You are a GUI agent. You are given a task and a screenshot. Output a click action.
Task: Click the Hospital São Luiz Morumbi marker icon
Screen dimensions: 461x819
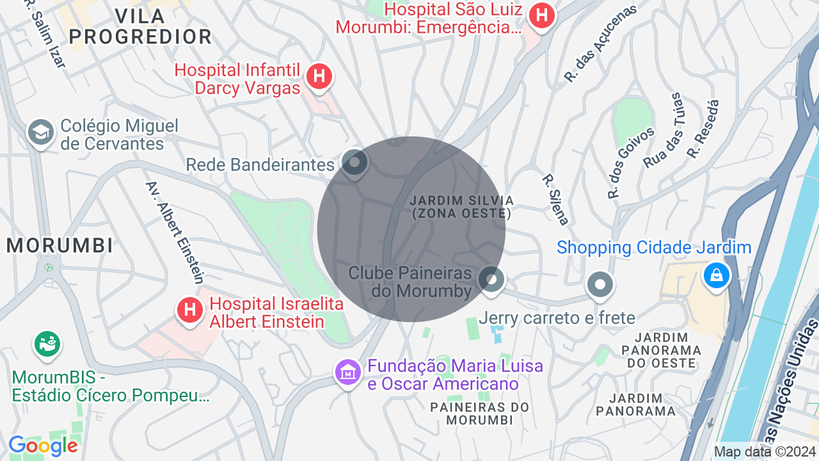(x=542, y=15)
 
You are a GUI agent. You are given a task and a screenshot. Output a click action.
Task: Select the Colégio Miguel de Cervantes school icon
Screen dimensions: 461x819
(x=40, y=133)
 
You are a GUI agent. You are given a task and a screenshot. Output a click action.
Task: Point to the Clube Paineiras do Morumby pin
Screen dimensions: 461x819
(x=491, y=280)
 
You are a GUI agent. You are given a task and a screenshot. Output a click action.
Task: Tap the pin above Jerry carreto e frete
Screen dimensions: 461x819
(x=600, y=284)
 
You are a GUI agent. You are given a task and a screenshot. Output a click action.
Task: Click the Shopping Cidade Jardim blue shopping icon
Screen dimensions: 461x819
(x=716, y=276)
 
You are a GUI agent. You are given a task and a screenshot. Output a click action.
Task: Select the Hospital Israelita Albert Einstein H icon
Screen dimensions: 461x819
(x=189, y=311)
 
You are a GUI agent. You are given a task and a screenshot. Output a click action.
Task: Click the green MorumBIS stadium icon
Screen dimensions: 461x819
(x=47, y=344)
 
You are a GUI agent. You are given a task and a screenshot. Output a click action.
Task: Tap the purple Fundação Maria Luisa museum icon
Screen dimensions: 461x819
(x=347, y=371)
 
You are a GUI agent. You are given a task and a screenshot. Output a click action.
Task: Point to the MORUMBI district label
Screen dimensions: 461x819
(x=60, y=245)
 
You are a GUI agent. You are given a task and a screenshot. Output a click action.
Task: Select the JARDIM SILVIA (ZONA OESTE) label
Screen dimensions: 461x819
(x=461, y=207)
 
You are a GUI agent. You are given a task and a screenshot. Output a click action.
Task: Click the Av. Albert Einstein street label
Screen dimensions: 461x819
(x=175, y=232)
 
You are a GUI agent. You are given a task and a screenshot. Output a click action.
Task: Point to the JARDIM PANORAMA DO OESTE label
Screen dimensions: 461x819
(x=662, y=350)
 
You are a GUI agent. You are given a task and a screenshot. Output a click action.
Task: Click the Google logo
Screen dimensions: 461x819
(x=44, y=446)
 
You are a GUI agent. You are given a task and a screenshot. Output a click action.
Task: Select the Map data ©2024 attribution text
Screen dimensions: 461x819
(x=765, y=451)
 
